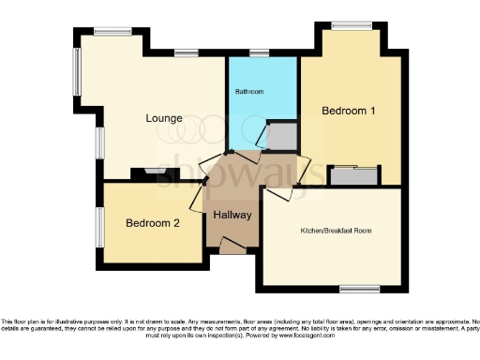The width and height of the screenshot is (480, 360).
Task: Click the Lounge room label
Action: coord(163,119)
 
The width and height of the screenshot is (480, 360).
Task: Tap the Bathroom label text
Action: coord(250,92)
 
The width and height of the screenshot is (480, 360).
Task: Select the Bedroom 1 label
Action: coord(349,111)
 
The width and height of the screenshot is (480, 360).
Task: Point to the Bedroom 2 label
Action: coord(152,223)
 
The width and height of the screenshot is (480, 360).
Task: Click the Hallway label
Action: coord(232,216)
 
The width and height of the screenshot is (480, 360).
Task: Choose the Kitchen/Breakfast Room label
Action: coord(336,230)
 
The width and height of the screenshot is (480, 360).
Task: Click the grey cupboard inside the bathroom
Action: coord(282,138)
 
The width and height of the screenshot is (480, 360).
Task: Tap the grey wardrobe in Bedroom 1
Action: coord(354,175)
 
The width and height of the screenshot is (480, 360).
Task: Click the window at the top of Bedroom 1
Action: coord(352,25)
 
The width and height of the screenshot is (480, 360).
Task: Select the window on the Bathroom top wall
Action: coord(260,53)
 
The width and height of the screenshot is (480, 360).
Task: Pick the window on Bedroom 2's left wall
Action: coord(99,227)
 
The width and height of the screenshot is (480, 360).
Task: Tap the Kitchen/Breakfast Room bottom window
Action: coord(359,288)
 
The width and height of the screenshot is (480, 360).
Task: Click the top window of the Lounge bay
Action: coord(112,32)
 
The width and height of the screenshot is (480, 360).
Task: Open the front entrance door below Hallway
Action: coord(232,247)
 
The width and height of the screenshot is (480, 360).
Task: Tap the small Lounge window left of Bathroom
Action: coord(186,53)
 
